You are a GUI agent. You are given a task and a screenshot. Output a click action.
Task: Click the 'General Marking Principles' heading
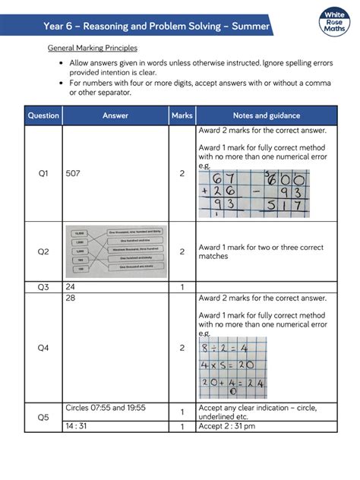coord(92,48)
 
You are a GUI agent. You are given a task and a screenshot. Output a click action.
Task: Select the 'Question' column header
coord(43,116)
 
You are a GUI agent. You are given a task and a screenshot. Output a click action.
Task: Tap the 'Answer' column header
coord(115,116)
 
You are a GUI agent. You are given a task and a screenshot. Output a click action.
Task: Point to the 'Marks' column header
coord(182,116)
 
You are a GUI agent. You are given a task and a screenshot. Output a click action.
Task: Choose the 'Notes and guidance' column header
coord(267,116)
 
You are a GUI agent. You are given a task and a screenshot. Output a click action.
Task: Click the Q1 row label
coord(43,174)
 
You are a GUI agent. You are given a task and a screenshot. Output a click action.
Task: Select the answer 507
coord(74,174)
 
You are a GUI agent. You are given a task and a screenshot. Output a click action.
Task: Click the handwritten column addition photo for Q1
coord(254,194)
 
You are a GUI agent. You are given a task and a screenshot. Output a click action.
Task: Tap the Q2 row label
coord(43,251)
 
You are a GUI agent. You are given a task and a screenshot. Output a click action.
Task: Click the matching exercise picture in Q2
coord(116,251)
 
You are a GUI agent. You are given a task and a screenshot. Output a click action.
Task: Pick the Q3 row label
coord(43,287)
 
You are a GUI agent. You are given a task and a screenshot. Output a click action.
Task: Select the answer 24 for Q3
coord(71,287)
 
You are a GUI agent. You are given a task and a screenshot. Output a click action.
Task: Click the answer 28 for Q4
coord(71,298)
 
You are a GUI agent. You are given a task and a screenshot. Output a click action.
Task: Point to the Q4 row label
coord(43,348)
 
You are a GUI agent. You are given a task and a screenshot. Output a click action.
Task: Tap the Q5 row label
coord(43,417)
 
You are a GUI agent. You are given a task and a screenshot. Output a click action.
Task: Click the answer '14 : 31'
coord(79,427)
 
